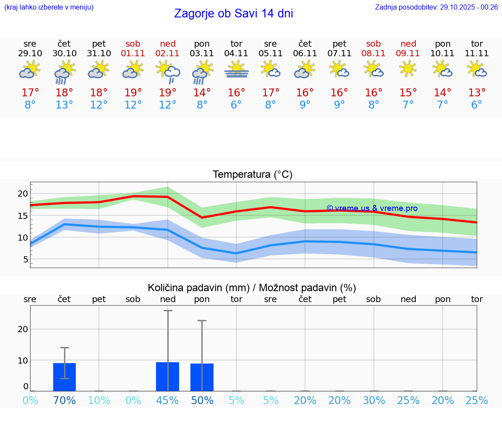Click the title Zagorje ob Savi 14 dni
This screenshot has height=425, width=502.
click(233, 14)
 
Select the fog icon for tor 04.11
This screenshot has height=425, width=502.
click(236, 69)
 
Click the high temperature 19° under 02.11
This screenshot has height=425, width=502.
click(167, 93)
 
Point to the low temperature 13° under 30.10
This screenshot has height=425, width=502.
click(64, 105)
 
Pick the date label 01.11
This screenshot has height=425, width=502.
click(133, 54)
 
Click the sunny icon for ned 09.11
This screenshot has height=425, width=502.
click(408, 68)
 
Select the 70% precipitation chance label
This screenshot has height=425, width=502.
click(64, 400)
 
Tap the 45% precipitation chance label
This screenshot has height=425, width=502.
click(167, 400)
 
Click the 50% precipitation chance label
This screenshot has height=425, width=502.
click(202, 400)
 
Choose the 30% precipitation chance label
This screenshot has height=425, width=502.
click(374, 400)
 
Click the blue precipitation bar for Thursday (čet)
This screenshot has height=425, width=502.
click(64, 377)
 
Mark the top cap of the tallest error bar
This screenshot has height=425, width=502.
click(168, 311)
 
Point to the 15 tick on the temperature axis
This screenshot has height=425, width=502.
click(23, 216)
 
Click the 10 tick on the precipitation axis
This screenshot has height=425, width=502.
click(23, 360)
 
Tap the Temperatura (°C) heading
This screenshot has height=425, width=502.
click(252, 175)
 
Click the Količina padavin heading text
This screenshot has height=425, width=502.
click(252, 288)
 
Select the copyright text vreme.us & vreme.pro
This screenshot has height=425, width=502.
click(372, 208)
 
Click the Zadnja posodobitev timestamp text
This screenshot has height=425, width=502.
click(436, 7)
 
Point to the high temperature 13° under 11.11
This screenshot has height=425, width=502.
click(477, 93)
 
